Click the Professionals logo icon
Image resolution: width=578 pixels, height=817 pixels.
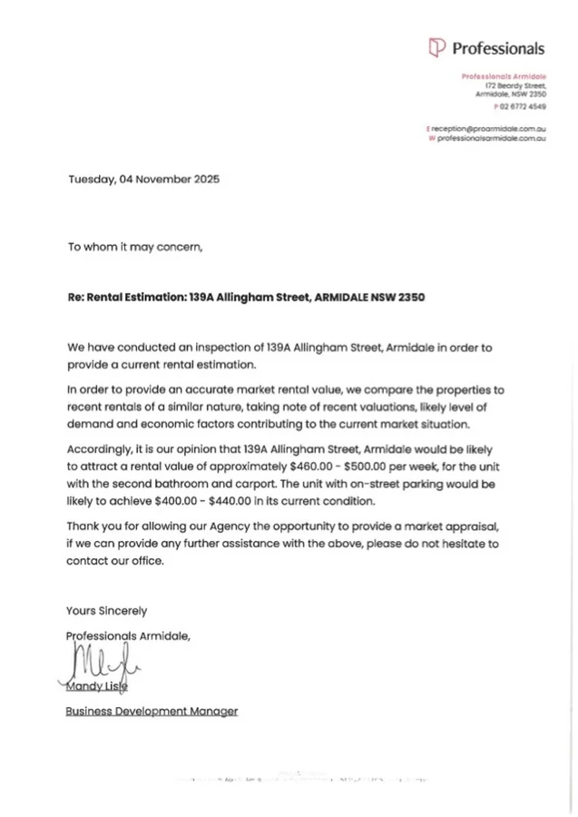[436, 47]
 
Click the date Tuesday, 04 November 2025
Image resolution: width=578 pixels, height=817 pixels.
[143, 179]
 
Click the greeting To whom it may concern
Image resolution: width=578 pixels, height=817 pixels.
[135, 246]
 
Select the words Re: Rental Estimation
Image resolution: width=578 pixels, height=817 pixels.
[126, 297]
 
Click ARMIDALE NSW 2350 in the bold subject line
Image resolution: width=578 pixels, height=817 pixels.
[369, 297]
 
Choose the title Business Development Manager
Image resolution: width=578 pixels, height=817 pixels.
[152, 712]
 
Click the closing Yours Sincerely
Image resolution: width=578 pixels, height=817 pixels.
[106, 611]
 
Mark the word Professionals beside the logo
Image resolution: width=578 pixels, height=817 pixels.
[498, 48]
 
